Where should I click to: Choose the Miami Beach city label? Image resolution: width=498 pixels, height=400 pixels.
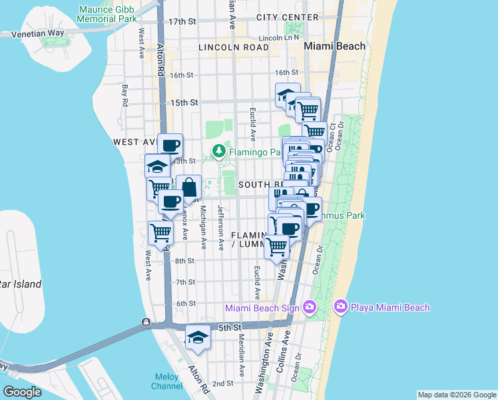click(334, 46)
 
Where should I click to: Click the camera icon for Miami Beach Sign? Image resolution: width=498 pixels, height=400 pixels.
click(309, 307)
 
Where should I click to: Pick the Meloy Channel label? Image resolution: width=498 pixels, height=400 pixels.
click(166, 381)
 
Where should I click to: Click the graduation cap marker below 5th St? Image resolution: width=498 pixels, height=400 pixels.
click(198, 337)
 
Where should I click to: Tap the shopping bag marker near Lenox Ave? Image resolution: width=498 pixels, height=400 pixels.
click(188, 187)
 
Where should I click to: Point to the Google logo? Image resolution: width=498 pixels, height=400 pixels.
click(22, 392)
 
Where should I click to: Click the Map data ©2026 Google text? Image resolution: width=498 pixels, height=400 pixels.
click(456, 395)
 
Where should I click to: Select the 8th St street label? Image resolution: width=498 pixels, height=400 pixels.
click(184, 261)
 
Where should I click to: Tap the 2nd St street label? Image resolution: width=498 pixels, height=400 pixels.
click(223, 383)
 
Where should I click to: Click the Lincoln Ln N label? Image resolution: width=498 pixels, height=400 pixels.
click(279, 38)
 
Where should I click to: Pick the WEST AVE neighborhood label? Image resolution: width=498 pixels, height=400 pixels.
click(135, 142)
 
